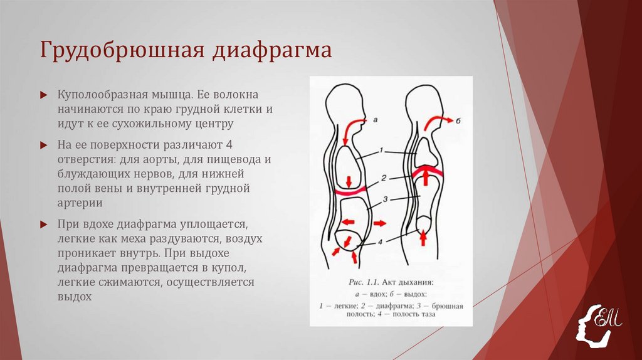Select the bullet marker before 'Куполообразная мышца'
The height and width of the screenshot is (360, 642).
43,95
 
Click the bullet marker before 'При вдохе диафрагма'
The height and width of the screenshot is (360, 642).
43,224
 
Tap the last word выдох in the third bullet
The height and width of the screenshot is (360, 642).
75,297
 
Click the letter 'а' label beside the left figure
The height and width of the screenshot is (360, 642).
375,119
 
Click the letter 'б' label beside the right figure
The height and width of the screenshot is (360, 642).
457,119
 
